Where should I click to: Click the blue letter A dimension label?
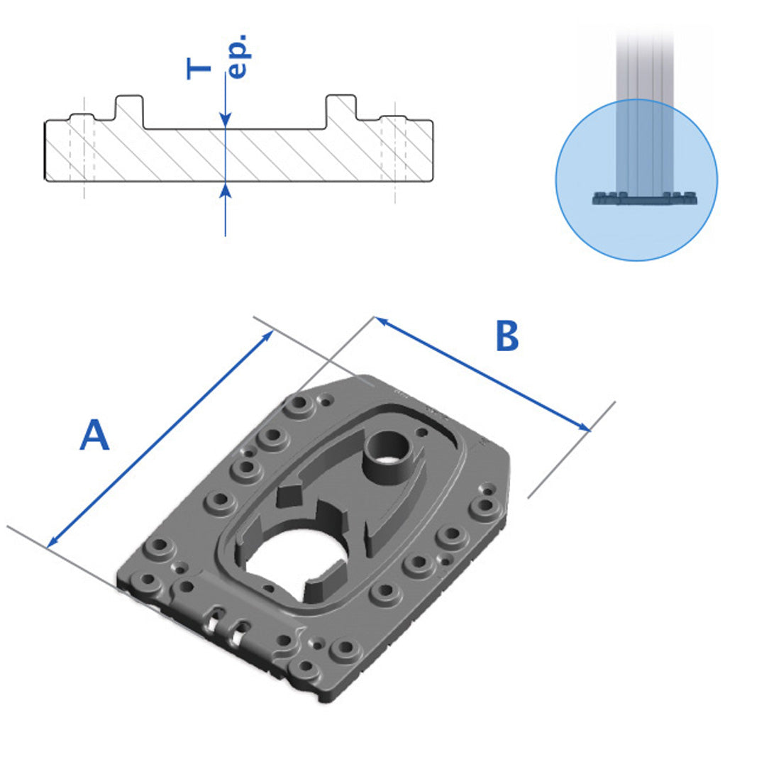click(x=94, y=435)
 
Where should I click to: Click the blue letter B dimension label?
click(x=507, y=336)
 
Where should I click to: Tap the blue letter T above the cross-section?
click(x=199, y=68)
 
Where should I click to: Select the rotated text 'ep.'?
click(x=239, y=57)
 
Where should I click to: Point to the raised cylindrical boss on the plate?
click(x=388, y=457)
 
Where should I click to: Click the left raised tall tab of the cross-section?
click(x=129, y=111)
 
